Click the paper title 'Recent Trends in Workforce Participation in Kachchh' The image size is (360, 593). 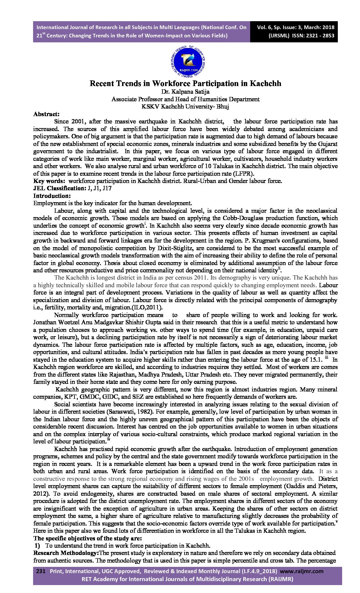pos(185,83)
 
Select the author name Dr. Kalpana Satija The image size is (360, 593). pos(185,92)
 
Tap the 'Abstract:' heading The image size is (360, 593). pos(46,114)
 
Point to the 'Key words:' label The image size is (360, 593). pos(49,181)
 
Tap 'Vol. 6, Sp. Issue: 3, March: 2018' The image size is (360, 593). pos(295,27)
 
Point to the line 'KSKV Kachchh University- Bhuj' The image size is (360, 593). pos(185,107)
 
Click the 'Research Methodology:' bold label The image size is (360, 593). pos(66,553)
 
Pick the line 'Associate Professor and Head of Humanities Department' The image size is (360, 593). pos(185,99)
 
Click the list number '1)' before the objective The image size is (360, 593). pos(38,546)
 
